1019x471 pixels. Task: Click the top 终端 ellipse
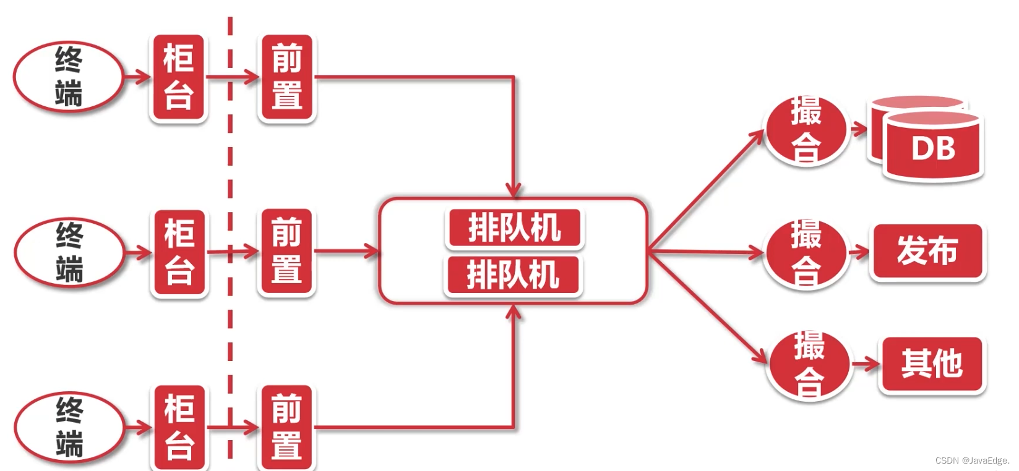click(68, 77)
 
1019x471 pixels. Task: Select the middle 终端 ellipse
click(69, 252)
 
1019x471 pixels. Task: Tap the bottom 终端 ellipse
click(69, 427)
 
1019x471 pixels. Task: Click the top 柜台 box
click(178, 77)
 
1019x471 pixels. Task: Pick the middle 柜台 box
click(179, 253)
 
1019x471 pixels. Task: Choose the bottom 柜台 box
click(179, 427)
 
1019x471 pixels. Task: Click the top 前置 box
click(286, 77)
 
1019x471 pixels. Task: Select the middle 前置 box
click(286, 252)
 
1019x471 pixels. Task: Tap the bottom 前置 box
click(286, 427)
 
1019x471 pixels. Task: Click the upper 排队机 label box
click(514, 227)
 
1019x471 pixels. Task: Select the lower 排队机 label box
click(513, 275)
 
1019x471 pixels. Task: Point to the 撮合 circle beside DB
click(806, 130)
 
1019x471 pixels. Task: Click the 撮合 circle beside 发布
click(806, 253)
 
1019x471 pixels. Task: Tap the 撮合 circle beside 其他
click(809, 364)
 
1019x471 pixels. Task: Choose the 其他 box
click(932, 363)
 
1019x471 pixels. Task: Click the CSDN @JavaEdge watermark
click(972, 460)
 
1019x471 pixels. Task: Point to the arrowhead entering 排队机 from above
click(514, 190)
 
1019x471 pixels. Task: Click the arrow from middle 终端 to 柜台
click(138, 252)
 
